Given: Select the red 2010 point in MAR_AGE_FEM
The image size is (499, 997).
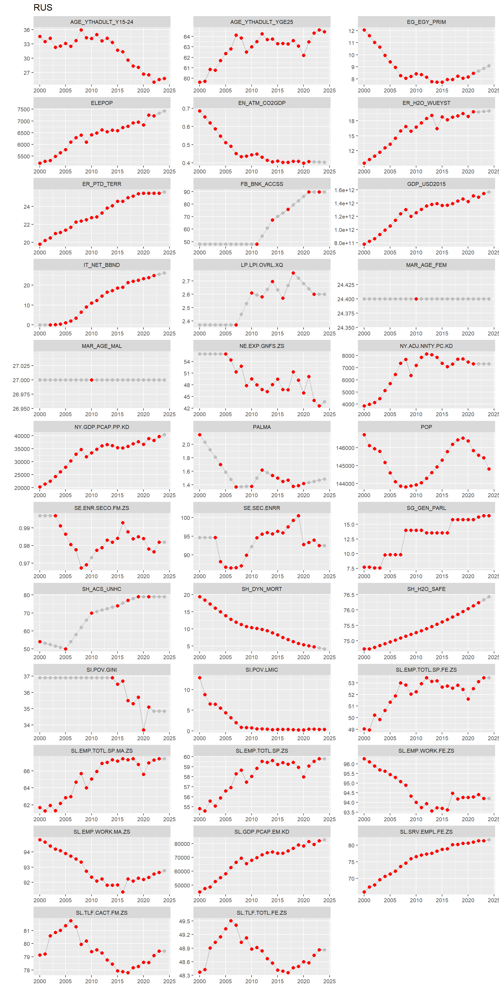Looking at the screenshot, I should (x=416, y=299).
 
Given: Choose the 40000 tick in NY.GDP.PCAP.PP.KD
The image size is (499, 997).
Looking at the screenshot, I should (x=22, y=436).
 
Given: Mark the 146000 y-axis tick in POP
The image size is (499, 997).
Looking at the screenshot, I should (x=345, y=448).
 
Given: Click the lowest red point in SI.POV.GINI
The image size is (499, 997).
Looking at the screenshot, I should (x=143, y=730).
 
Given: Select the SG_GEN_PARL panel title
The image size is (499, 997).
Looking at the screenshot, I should (x=426, y=508).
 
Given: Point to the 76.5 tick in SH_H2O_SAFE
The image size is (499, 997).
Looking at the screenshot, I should (x=349, y=595).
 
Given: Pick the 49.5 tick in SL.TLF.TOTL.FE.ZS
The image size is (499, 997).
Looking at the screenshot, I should (x=185, y=921).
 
